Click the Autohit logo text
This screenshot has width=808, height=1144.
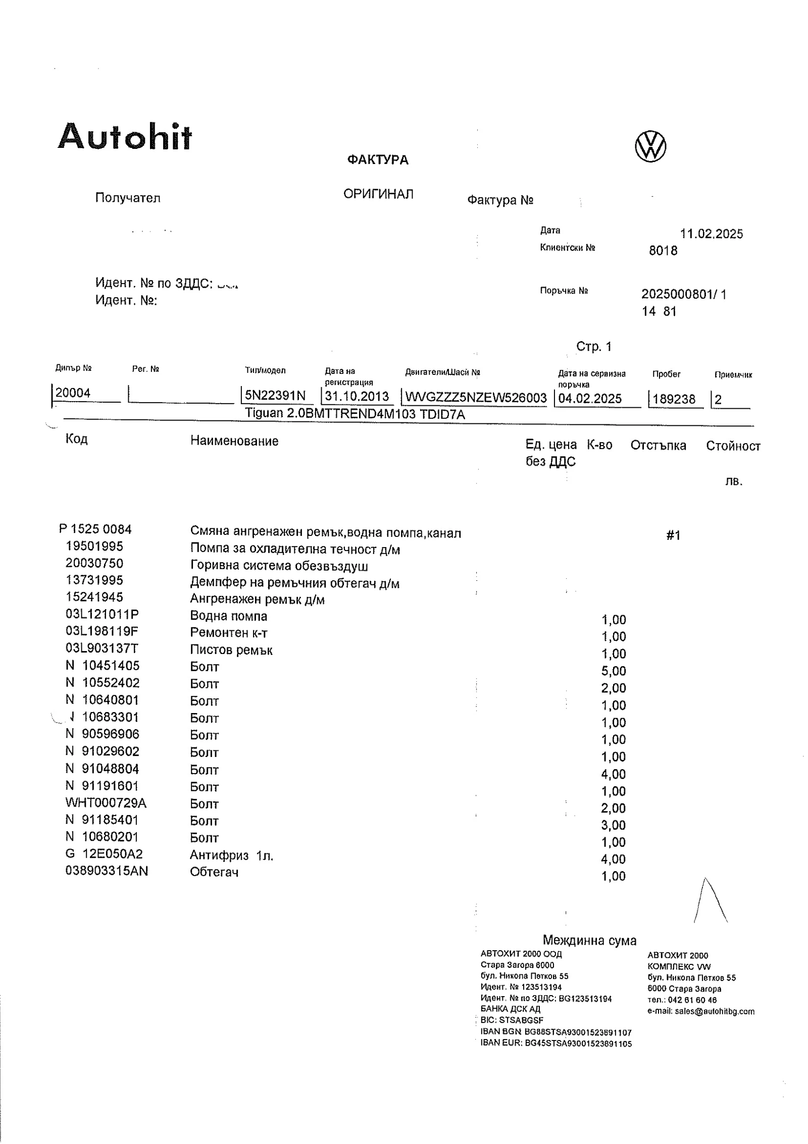tap(125, 137)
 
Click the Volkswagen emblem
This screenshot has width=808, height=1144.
tap(650, 147)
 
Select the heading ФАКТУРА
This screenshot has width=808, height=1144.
tap(378, 160)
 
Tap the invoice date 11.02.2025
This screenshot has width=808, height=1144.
tap(711, 234)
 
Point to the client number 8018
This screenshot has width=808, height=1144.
tap(663, 251)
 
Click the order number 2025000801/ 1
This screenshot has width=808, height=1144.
tap(683, 294)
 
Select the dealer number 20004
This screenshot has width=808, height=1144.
tap(73, 393)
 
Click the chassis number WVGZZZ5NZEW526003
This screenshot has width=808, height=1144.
tap(475, 398)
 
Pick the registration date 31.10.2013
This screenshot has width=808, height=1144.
tap(357, 396)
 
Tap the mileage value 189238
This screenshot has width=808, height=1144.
tap(674, 399)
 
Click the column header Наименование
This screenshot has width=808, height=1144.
tap(234, 441)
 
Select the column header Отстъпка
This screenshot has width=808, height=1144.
tap(658, 446)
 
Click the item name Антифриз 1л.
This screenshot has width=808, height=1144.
tap(231, 855)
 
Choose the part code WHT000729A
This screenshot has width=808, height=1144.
tap(106, 803)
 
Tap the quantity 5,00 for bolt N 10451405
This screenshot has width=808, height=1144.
tap(613, 671)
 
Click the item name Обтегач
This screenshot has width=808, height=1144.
tap(214, 872)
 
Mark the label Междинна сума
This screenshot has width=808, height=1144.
tap(589, 940)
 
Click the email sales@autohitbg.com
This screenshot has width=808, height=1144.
tap(714, 1011)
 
